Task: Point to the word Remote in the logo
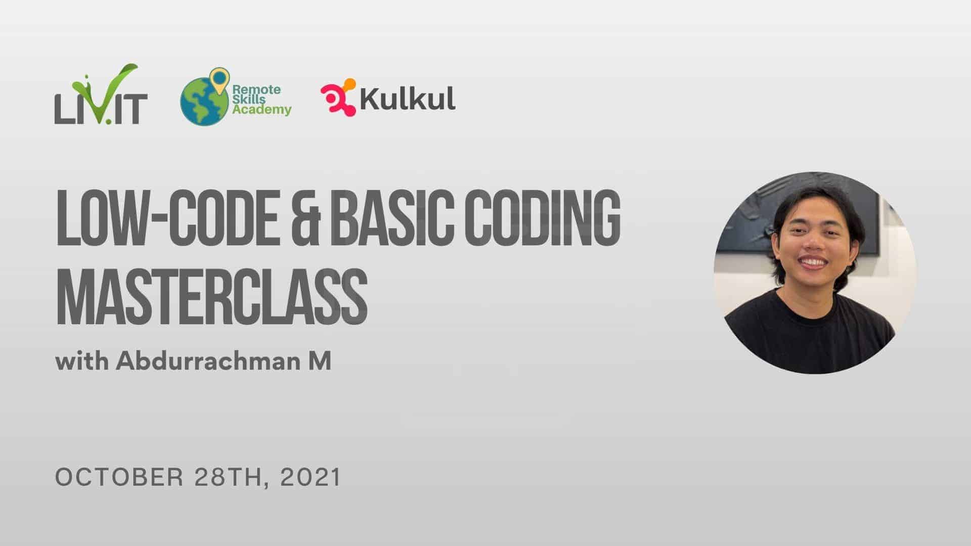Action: (256, 89)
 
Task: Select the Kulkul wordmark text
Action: (408, 98)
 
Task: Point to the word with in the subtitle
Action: (81, 361)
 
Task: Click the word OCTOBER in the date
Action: (119, 478)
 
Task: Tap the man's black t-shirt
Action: (809, 334)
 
